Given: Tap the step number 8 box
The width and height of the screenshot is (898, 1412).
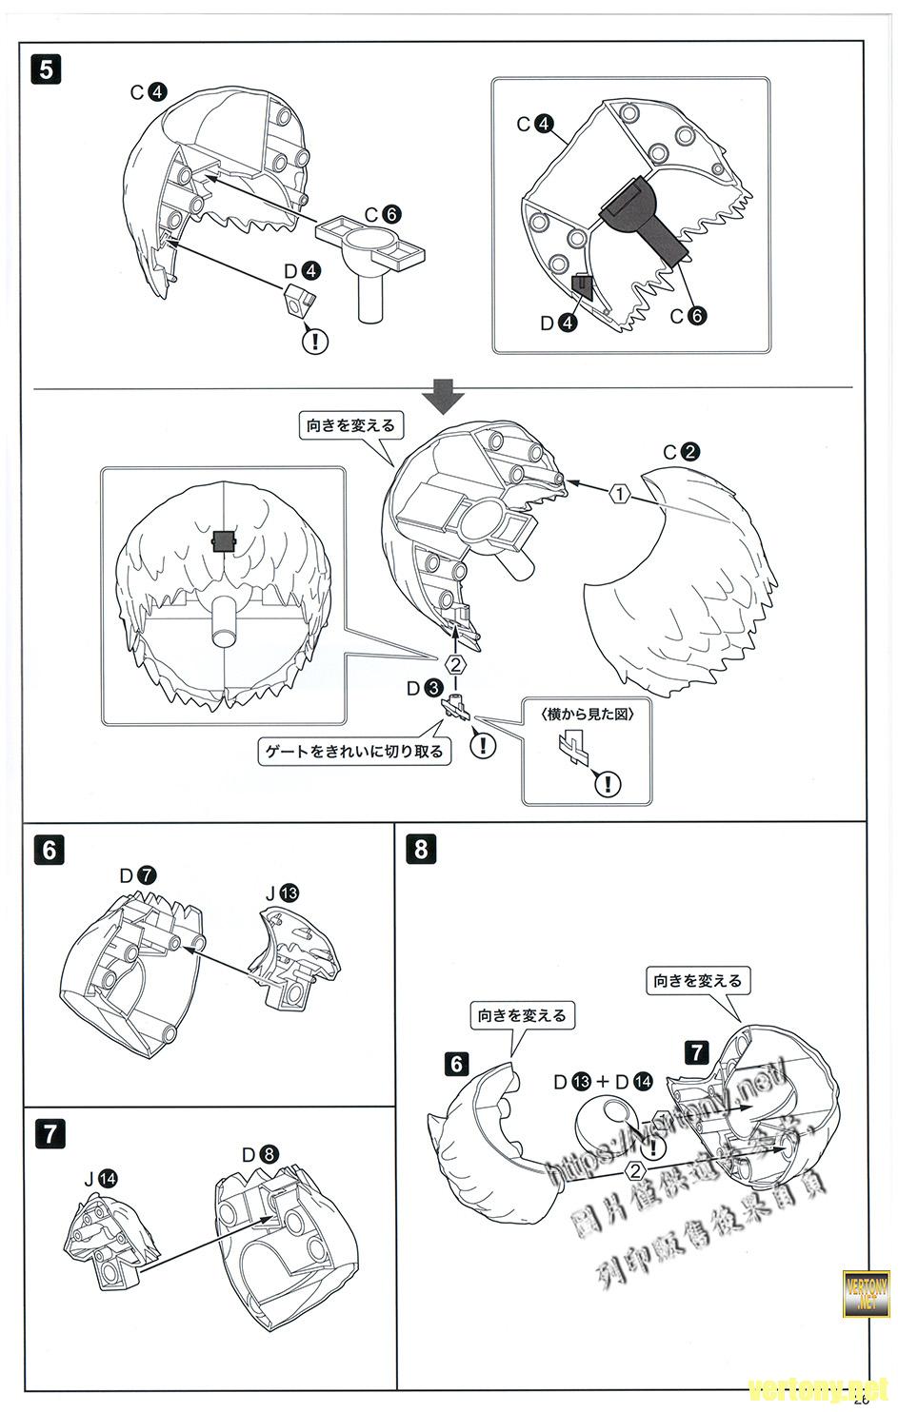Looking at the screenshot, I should tap(422, 847).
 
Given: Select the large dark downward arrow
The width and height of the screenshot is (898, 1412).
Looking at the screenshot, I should tap(445, 396).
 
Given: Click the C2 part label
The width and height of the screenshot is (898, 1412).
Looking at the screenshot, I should tap(681, 452).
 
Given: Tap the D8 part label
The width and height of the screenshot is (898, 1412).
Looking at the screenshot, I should tap(260, 1155).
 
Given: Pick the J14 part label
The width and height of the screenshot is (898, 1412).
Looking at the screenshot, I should tap(100, 1178).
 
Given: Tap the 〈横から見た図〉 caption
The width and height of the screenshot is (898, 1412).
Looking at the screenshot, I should tap(586, 713).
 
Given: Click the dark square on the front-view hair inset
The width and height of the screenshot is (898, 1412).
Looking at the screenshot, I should tap(223, 541).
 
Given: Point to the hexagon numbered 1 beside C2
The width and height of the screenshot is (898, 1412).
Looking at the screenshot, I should tap(619, 494).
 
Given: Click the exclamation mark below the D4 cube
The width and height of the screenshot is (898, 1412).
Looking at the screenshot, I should tap(314, 340).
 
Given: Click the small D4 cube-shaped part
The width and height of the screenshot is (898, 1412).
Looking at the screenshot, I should tap(298, 303).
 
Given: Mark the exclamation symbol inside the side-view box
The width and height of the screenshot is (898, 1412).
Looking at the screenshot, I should tap(607, 783).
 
